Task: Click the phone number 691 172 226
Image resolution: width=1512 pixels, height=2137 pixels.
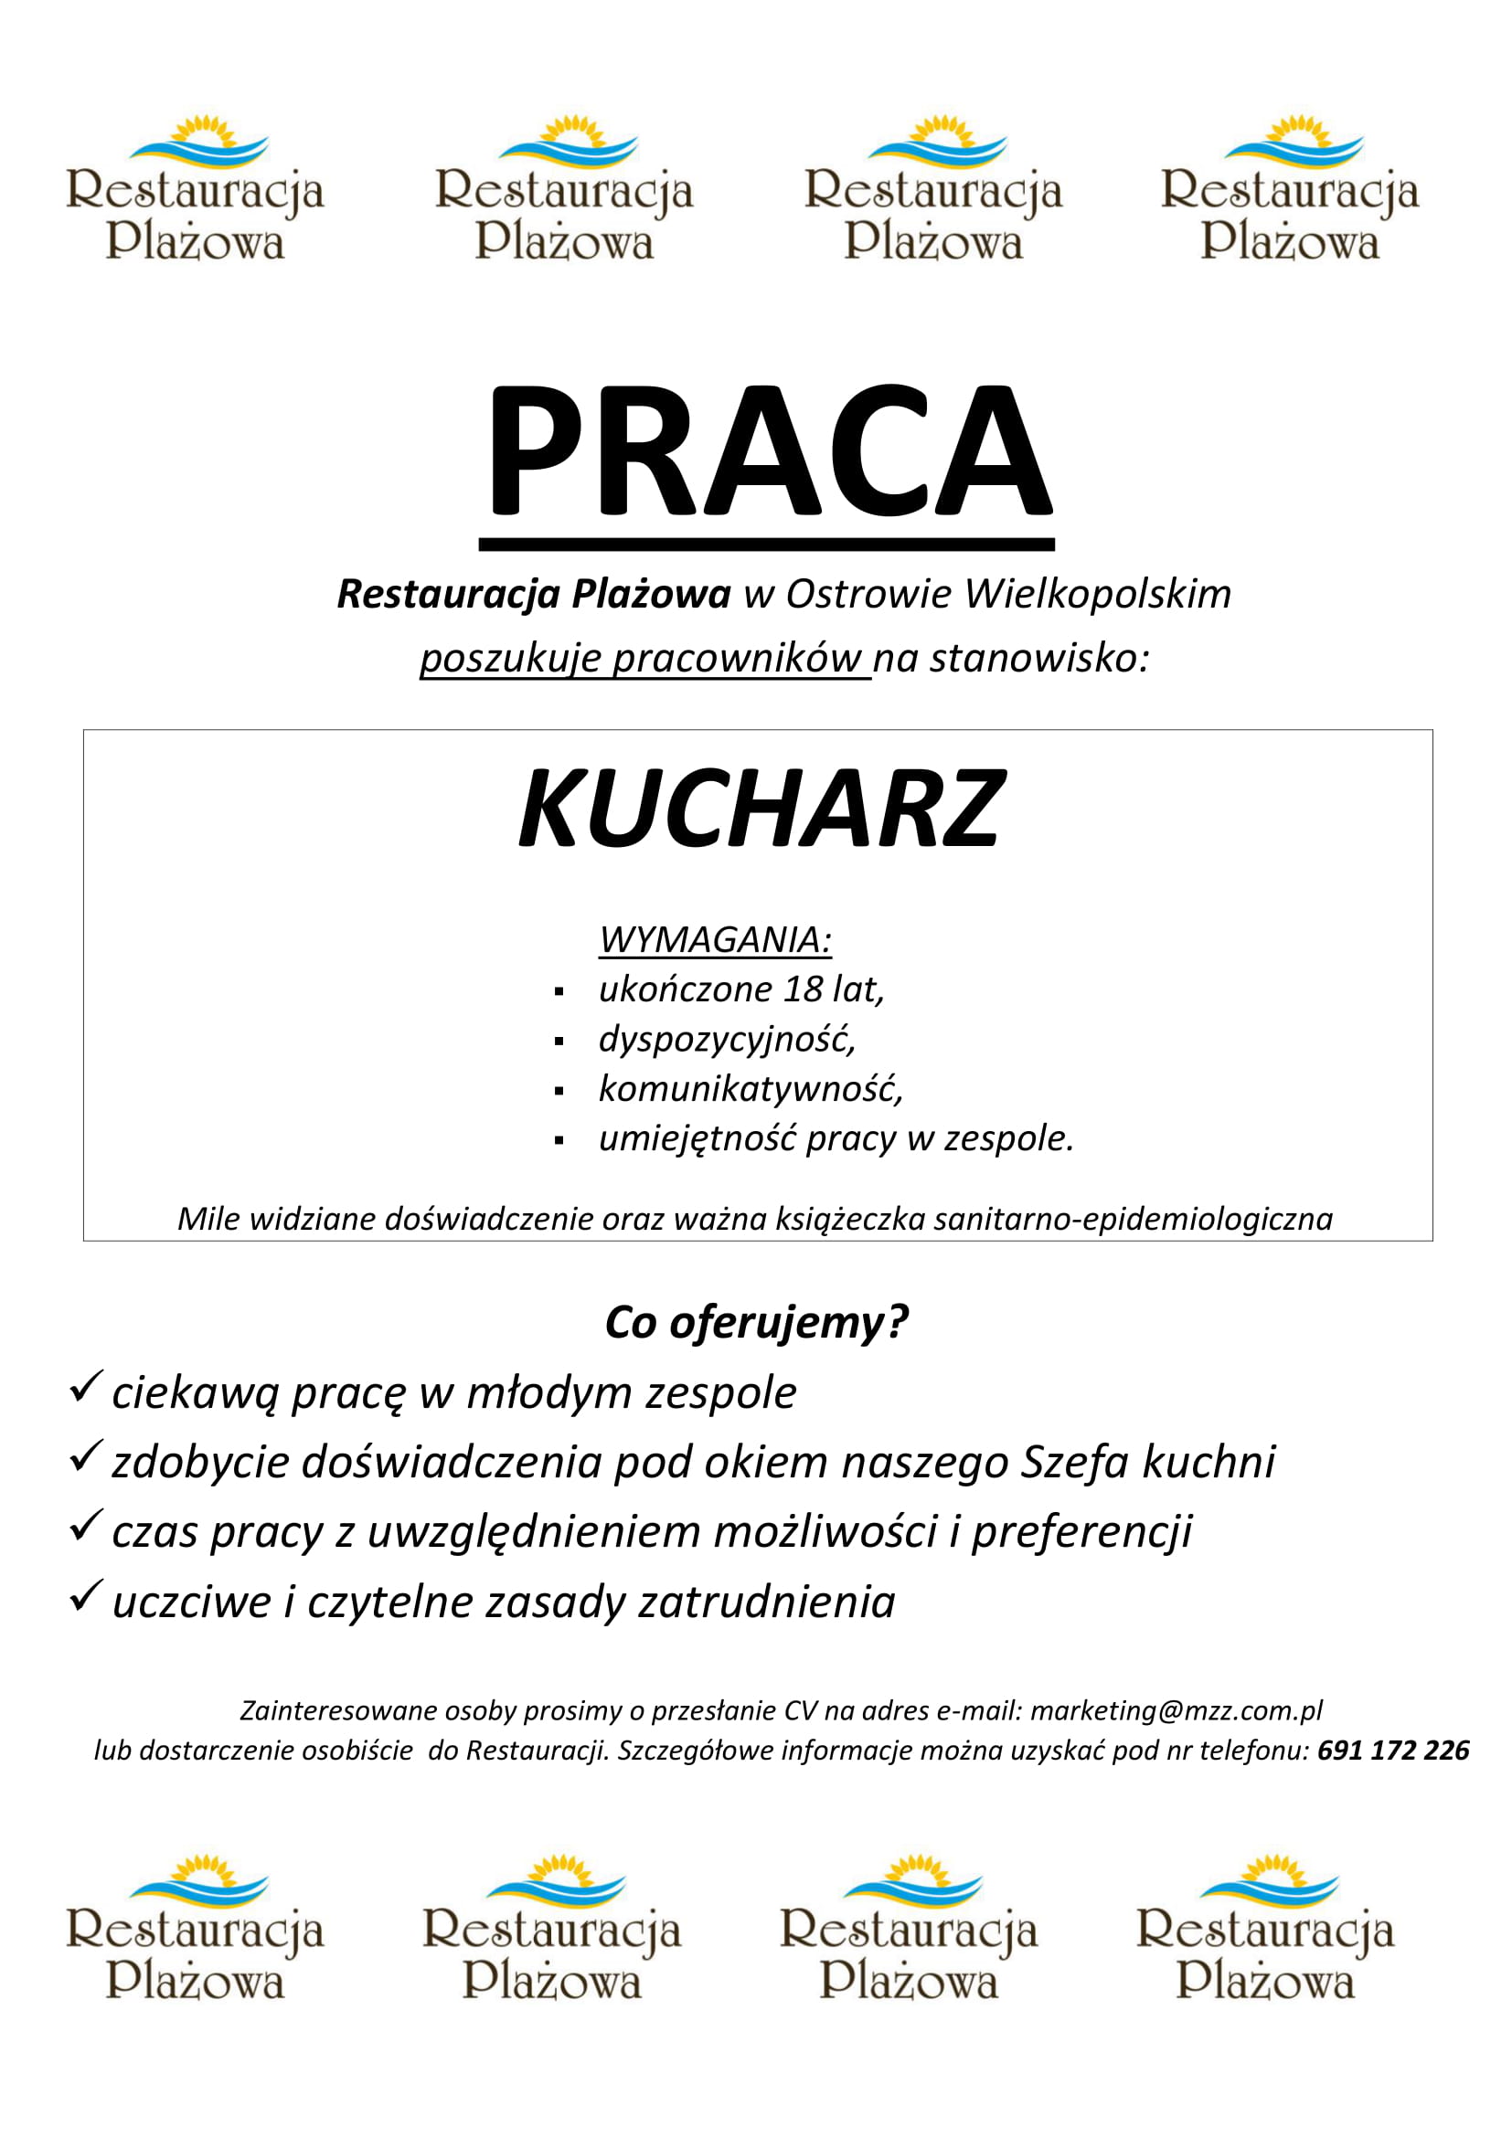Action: (1394, 1751)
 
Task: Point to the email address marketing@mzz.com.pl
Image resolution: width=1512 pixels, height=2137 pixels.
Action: (1176, 1710)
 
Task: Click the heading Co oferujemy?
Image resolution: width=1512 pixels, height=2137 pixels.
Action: (756, 1322)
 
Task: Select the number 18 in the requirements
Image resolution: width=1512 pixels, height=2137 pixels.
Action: (802, 989)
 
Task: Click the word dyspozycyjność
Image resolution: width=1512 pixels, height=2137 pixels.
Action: (726, 1039)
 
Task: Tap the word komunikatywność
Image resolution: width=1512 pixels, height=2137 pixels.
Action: (750, 1088)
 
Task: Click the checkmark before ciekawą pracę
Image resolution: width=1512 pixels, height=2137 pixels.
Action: (85, 1388)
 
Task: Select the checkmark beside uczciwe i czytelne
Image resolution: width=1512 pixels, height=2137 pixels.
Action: (85, 1596)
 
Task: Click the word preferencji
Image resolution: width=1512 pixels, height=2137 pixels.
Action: (1081, 1532)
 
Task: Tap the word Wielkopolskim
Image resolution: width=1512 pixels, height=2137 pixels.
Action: (1098, 594)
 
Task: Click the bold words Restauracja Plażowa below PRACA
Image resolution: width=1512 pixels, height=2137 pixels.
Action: (534, 594)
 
